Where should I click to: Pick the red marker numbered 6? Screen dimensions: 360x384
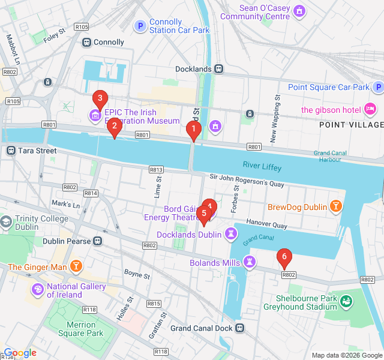(284, 258)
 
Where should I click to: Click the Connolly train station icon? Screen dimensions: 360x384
(86, 43)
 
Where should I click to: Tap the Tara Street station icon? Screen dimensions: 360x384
(11, 151)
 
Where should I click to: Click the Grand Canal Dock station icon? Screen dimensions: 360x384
(240, 328)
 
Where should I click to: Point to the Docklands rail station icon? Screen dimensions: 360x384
(218, 69)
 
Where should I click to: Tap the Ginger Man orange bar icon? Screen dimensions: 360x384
(76, 266)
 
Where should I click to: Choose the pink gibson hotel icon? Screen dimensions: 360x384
(370, 109)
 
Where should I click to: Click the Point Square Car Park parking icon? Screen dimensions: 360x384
(377, 88)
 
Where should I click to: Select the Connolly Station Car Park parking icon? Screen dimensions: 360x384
(140, 26)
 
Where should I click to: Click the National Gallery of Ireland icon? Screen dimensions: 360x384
(37, 290)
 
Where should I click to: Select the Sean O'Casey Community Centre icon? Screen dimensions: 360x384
(299, 11)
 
